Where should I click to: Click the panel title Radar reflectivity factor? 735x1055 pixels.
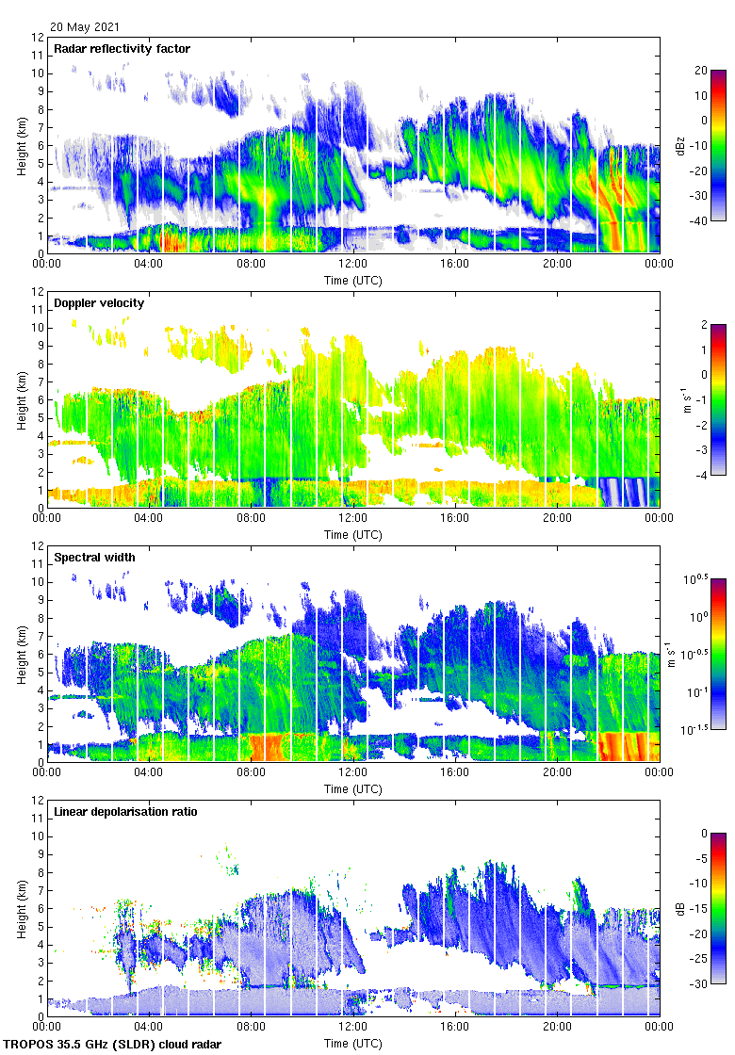point(123,49)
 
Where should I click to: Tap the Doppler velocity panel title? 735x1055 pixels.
point(97,303)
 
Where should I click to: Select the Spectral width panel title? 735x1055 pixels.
point(94,558)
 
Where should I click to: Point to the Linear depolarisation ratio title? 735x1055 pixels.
point(125,812)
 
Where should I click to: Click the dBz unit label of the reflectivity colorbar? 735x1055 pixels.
point(681,145)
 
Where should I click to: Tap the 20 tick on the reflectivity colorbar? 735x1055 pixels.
point(700,71)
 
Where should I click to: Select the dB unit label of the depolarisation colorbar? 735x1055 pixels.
point(681,908)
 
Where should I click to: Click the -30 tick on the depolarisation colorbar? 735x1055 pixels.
point(701,984)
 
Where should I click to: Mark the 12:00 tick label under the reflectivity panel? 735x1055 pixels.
point(353,265)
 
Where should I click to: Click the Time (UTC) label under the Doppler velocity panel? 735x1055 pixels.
point(353,535)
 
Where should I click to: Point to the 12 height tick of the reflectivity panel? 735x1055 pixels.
point(38,38)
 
